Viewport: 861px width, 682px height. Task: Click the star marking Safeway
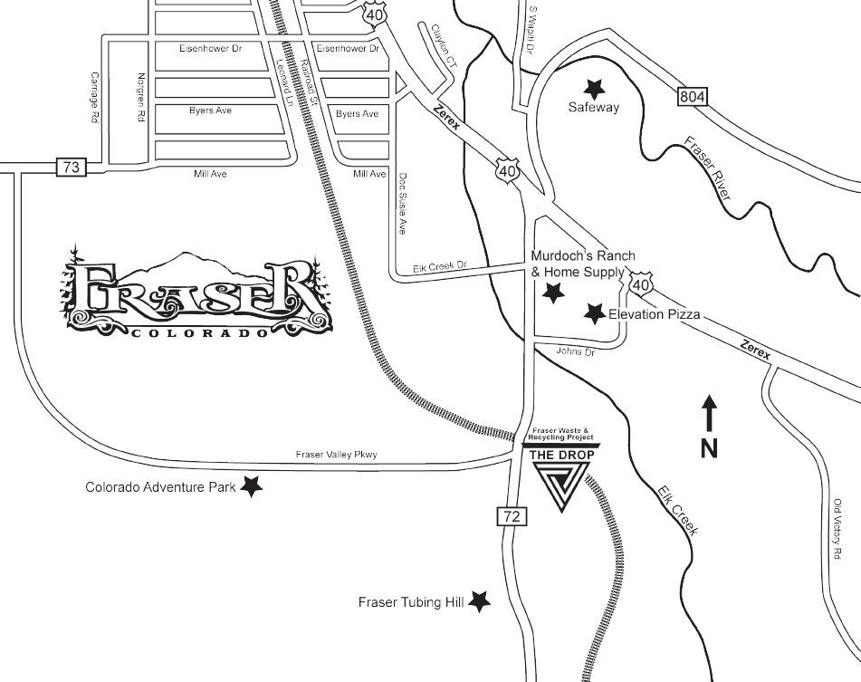tap(594, 88)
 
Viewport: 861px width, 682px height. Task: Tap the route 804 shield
tap(690, 96)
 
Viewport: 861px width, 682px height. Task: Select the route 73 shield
tap(71, 168)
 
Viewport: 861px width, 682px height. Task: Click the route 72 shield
tap(511, 516)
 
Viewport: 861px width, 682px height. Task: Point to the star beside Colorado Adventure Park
tap(251, 486)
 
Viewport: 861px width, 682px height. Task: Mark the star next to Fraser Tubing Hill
tap(479, 600)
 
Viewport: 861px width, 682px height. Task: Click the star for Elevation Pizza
tap(594, 313)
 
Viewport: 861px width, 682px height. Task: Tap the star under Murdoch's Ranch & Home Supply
tap(552, 292)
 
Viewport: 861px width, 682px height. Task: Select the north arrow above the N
tap(710, 412)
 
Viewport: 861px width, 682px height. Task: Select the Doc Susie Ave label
tap(404, 204)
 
